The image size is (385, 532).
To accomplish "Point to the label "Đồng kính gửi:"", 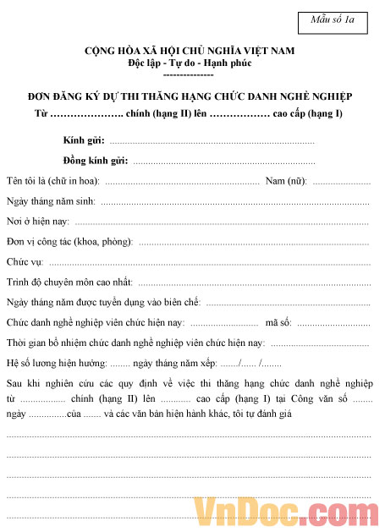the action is [x=95, y=160].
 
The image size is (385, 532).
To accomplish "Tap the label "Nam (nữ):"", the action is [x=286, y=181].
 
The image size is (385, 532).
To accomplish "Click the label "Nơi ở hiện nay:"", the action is [x=38, y=222].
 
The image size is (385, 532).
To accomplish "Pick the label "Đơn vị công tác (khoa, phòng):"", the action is [x=69, y=242].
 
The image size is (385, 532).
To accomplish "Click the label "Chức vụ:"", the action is [x=25, y=262].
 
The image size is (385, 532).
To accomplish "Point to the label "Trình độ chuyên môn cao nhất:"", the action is [x=69, y=282].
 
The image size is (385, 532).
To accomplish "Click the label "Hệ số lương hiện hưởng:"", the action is [x=56, y=363].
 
